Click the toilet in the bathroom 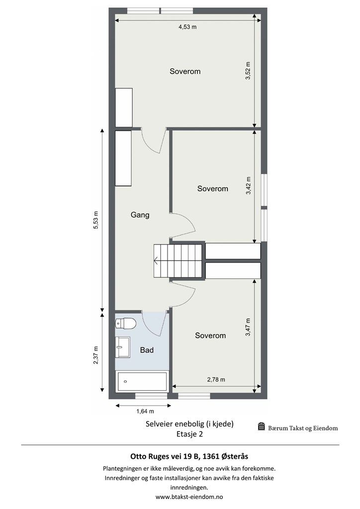[126, 323]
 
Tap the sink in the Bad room [123, 347]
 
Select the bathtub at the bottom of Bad [142, 381]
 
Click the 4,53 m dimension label [187, 27]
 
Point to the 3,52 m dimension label [248, 71]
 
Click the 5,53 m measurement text [96, 220]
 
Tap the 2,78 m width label [216, 379]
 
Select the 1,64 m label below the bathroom [145, 411]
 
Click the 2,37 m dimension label [96, 355]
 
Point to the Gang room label [140, 215]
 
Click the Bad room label [147, 350]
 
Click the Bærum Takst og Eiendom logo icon [262, 426]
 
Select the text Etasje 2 [189, 434]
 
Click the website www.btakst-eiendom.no [189, 497]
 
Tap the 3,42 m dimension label [248, 185]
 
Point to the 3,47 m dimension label [248, 327]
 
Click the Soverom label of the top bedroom [185, 71]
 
